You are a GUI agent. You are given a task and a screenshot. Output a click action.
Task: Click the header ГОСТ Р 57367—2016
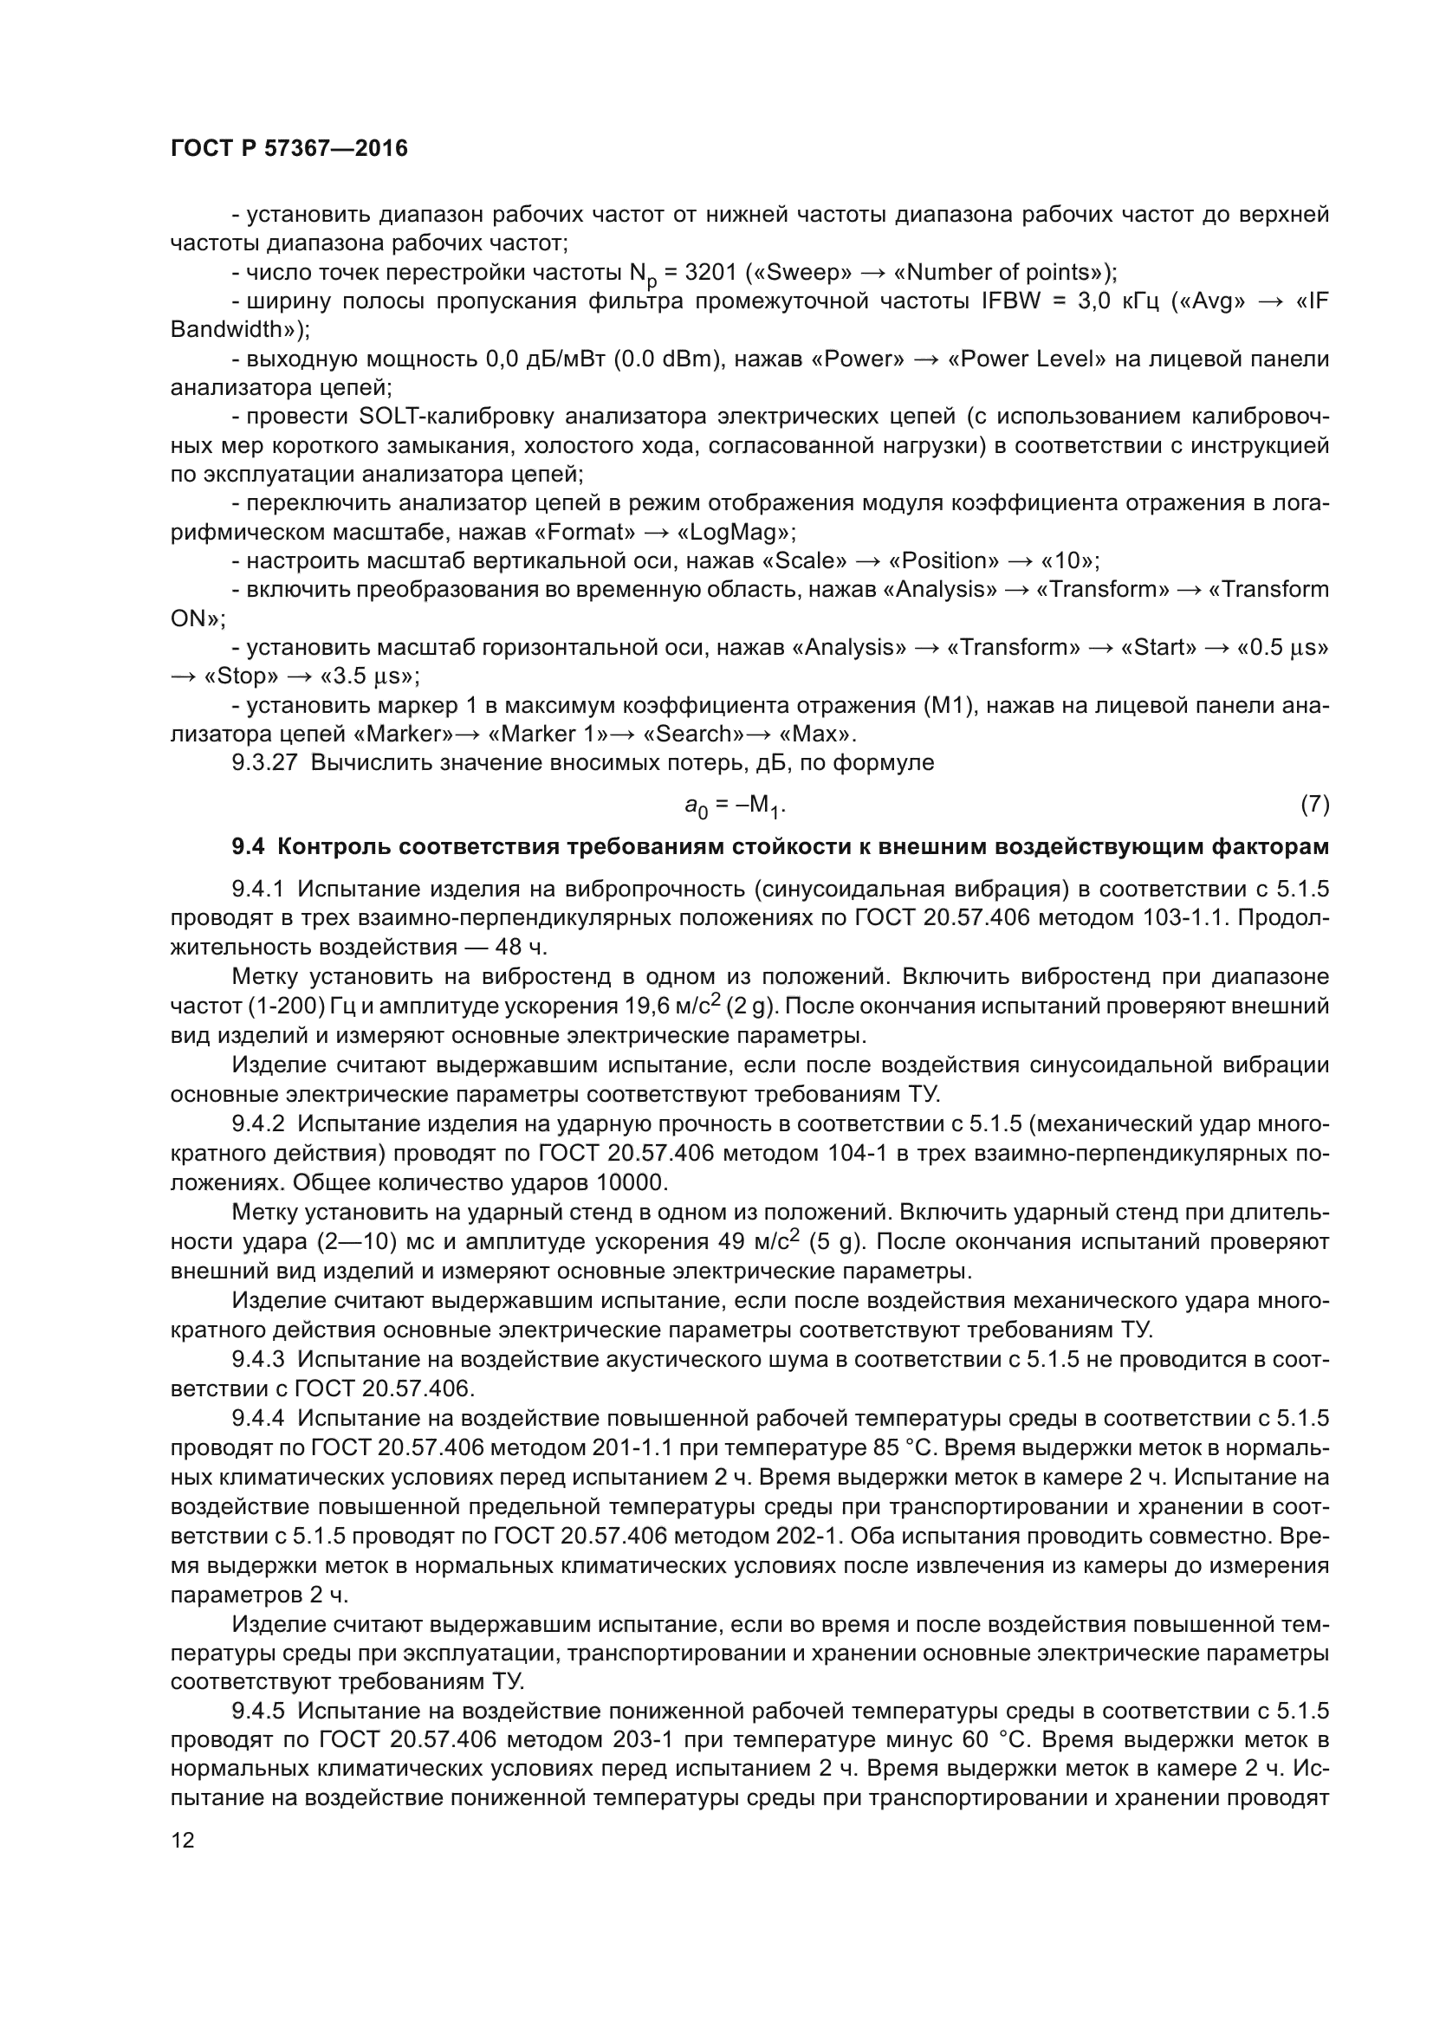289,148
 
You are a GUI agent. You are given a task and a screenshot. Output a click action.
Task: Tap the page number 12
183,1838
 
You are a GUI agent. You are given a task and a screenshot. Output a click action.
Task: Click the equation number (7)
1314,804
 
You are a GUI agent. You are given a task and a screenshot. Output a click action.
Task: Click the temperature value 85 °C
917,1448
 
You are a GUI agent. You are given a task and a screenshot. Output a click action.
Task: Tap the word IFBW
1010,301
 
